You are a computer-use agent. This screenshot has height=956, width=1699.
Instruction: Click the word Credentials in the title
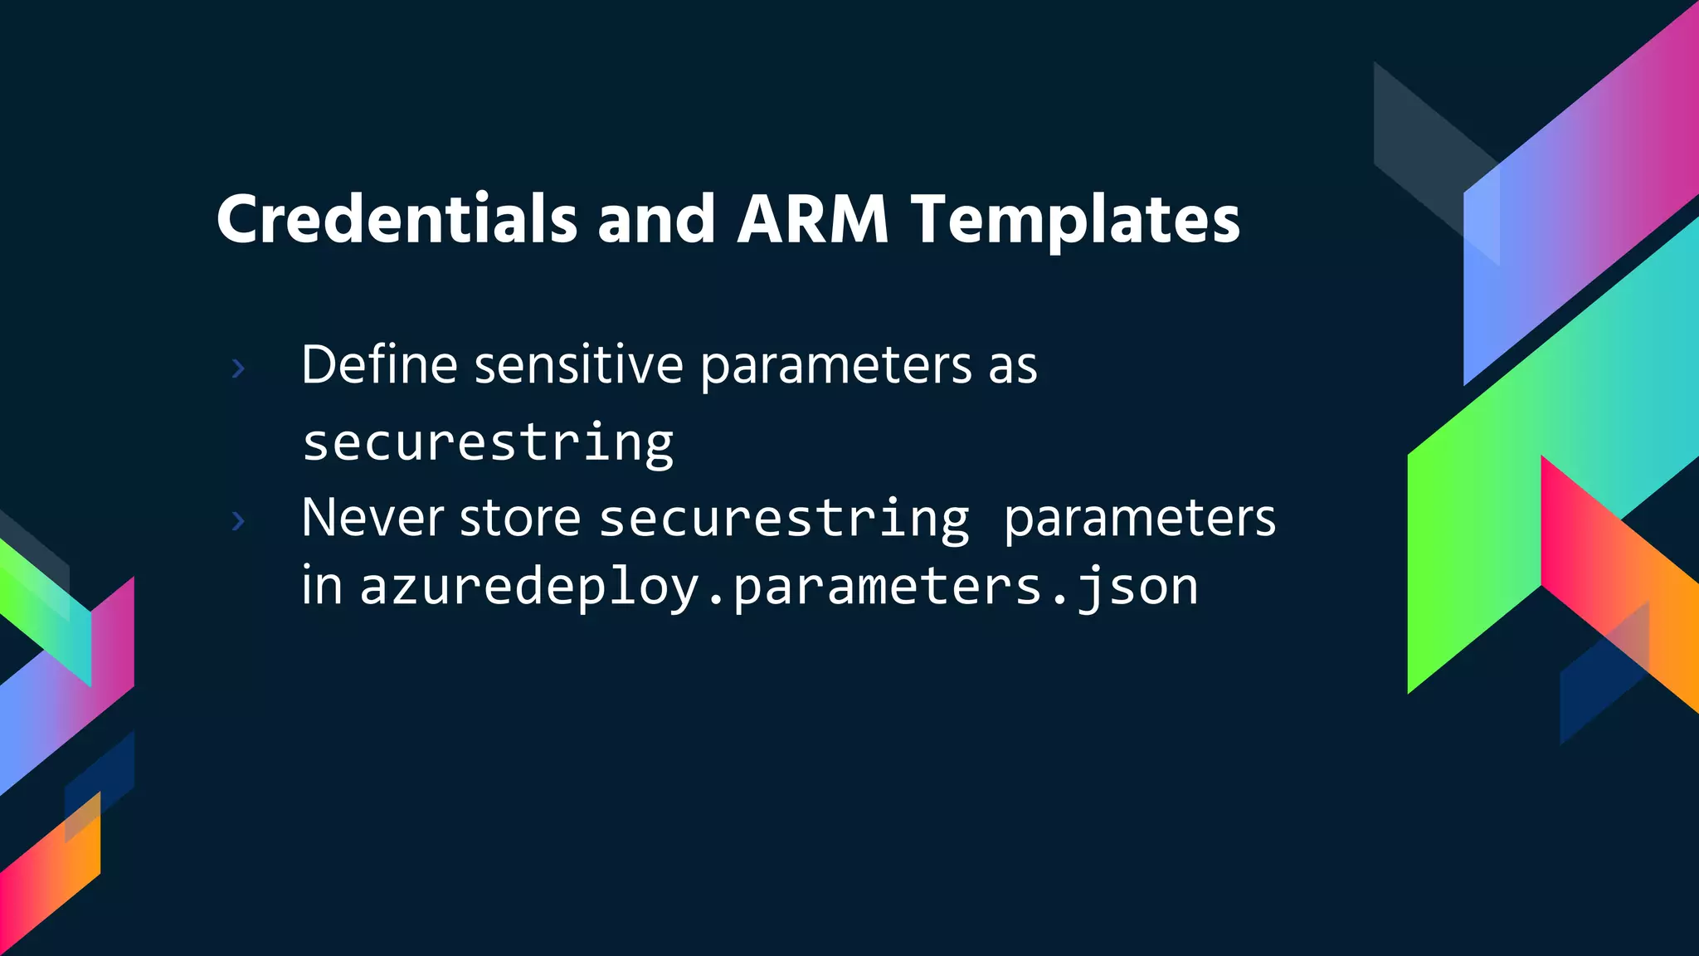click(x=397, y=219)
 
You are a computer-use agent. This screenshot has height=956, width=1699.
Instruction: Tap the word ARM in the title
click(x=812, y=219)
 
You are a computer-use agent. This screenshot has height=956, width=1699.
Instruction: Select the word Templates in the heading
click(x=1075, y=221)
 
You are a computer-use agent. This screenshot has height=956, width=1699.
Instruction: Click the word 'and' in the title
click(x=655, y=219)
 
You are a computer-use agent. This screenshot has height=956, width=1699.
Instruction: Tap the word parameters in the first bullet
click(x=835, y=366)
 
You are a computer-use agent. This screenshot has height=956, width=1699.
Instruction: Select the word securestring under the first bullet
click(x=488, y=442)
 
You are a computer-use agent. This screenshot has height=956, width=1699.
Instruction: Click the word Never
click(x=372, y=518)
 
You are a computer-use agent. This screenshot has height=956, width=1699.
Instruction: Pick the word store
click(x=520, y=518)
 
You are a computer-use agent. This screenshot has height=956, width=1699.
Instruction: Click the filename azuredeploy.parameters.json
click(x=779, y=588)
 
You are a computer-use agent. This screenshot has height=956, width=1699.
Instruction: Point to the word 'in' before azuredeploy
click(x=322, y=586)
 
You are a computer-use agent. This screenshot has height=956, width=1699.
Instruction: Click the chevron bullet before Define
click(x=238, y=368)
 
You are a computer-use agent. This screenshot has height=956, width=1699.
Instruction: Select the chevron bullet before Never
click(x=238, y=520)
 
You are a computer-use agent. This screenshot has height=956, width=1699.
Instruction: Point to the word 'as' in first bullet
click(x=1012, y=366)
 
